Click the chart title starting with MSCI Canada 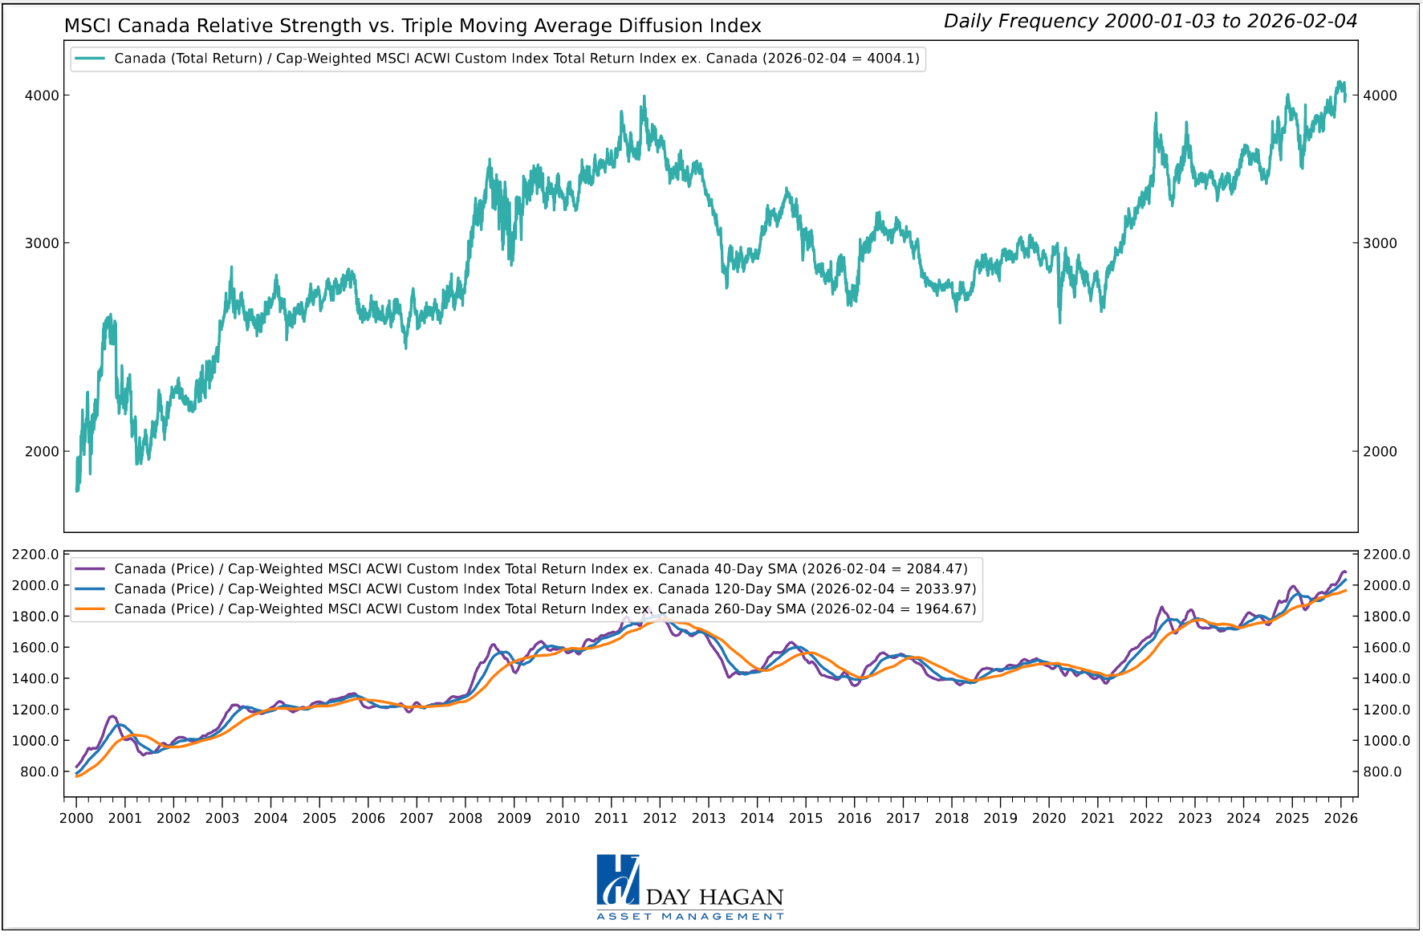pos(413,26)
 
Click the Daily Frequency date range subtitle pos(1150,22)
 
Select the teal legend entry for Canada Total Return pos(498,59)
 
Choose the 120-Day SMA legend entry pos(526,589)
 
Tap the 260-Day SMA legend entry pos(526,609)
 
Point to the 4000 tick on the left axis pos(42,96)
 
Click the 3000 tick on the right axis pos(1380,243)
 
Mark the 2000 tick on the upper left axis pos(42,452)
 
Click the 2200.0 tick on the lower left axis pos(35,555)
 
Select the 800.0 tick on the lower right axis pos(1382,772)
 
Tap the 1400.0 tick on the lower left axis pos(35,679)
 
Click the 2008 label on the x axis pos(466,819)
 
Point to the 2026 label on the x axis pos(1340,819)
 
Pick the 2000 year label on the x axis pos(76,819)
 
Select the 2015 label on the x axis pos(806,819)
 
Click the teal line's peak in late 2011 pos(644,97)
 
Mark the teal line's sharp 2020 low pos(1059,322)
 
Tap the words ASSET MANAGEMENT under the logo pos(690,917)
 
